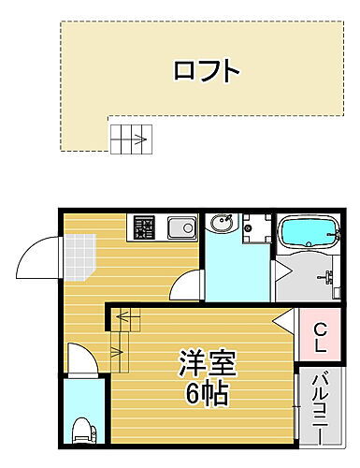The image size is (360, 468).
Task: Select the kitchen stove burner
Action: tap(143, 227)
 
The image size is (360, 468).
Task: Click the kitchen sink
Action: tap(180, 227)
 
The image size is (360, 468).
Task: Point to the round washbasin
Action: tap(223, 224)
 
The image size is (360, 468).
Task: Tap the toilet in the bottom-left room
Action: tap(81, 431)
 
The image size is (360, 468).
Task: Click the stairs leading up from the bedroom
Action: tap(123, 338)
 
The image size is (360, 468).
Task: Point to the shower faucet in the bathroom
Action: tap(328, 275)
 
